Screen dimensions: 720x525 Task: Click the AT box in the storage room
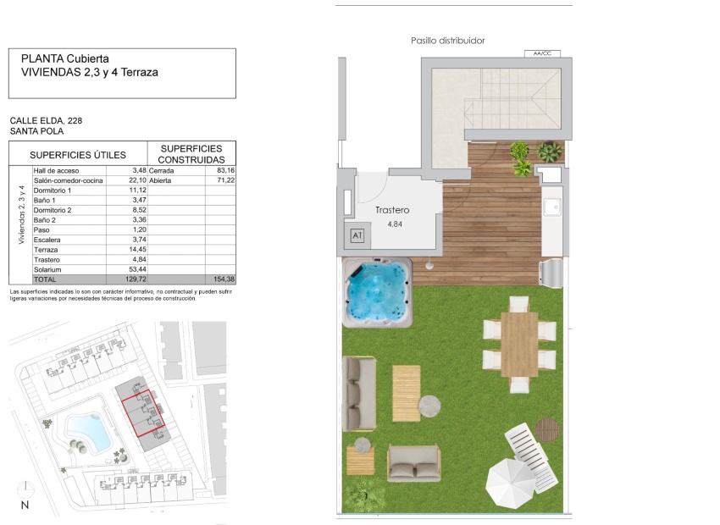(x=356, y=236)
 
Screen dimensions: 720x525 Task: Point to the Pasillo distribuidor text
(x=447, y=41)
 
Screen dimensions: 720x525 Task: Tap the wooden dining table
(x=519, y=343)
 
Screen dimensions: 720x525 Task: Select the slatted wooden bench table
(x=406, y=392)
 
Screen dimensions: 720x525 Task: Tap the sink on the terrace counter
(x=552, y=207)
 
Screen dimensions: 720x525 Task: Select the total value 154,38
(x=222, y=279)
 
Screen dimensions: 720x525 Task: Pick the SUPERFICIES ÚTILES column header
(x=77, y=155)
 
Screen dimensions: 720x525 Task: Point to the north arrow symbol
(x=25, y=492)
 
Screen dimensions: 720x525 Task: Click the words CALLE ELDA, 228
(x=46, y=121)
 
